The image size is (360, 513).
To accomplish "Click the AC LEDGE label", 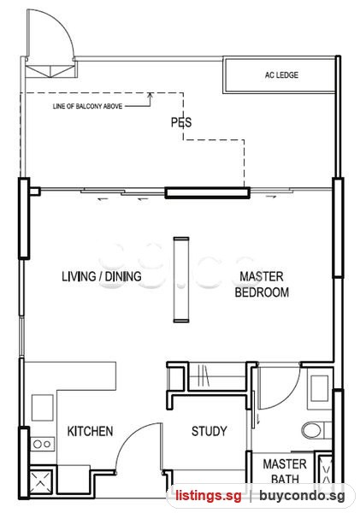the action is (281, 75).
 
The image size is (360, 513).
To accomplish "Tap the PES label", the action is (181, 122).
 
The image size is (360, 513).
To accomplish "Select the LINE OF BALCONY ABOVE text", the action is (87, 106).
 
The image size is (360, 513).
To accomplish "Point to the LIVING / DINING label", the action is (102, 276).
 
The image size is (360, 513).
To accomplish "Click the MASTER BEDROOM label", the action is (262, 285).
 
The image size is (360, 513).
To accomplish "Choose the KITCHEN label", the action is (90, 431).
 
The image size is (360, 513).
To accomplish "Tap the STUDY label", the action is (210, 431).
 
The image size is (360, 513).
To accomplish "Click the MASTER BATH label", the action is (285, 471).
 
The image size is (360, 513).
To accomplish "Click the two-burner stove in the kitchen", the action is (43, 444).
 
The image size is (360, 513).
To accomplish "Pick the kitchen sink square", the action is (42, 408).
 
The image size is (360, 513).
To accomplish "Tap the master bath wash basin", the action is (320, 388).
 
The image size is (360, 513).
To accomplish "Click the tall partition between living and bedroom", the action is (181, 280).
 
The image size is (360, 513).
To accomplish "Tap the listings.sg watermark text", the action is (209, 495).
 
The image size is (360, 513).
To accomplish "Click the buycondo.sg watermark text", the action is (302, 496).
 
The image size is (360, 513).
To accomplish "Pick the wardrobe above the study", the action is (217, 376).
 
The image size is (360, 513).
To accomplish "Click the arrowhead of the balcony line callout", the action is (150, 95).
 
